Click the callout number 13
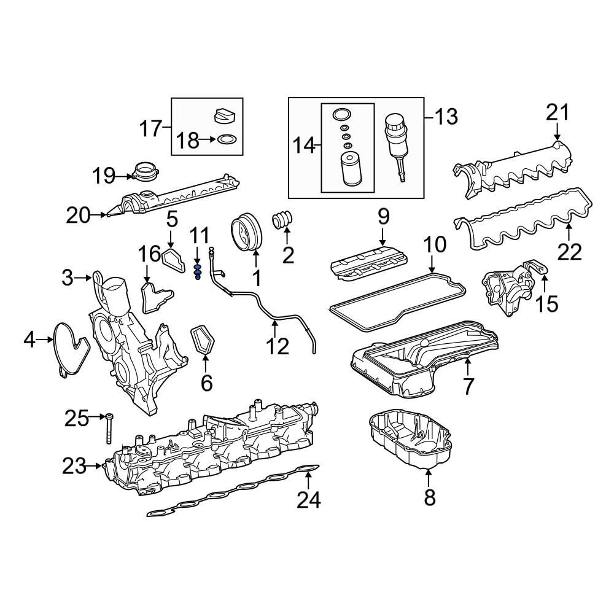pyautogui.click(x=446, y=116)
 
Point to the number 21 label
pyautogui.click(x=558, y=114)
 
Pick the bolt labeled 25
pyautogui.click(x=109, y=429)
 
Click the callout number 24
pyautogui.click(x=309, y=500)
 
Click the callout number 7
pyautogui.click(x=468, y=386)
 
